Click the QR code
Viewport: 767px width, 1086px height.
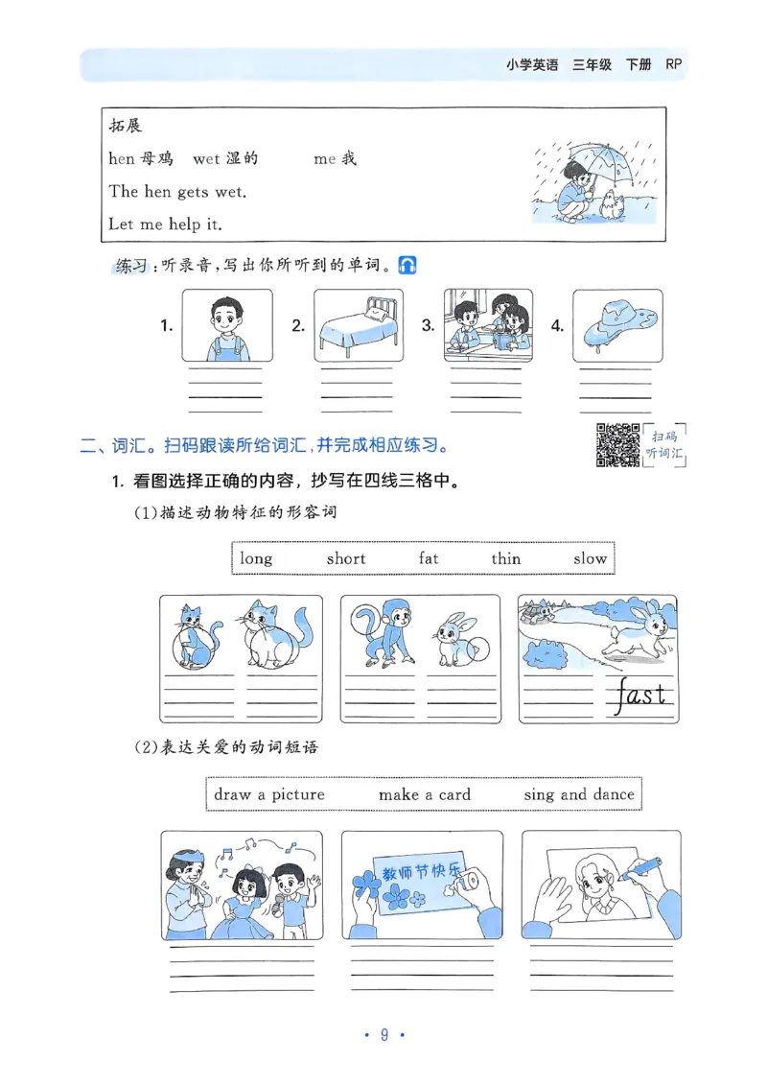point(617,444)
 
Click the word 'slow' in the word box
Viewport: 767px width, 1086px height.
point(590,558)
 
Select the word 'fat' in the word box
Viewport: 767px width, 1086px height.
point(429,558)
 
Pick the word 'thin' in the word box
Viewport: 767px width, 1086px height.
point(506,558)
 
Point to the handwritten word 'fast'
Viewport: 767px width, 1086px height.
point(642,694)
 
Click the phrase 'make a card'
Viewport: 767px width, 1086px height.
point(424,794)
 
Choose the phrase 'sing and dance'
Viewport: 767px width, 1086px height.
point(578,794)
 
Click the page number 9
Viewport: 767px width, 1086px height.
point(383,1034)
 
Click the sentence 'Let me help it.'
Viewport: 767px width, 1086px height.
point(165,224)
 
